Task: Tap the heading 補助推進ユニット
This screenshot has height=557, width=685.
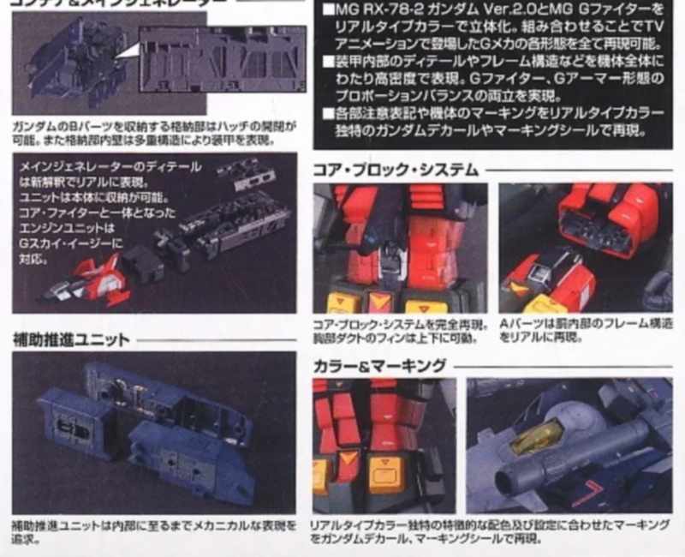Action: (x=72, y=340)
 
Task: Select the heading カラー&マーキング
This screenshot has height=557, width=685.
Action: (x=379, y=366)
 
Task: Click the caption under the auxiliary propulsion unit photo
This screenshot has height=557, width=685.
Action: (x=154, y=530)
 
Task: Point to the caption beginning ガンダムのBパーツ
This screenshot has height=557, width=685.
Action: (x=154, y=134)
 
